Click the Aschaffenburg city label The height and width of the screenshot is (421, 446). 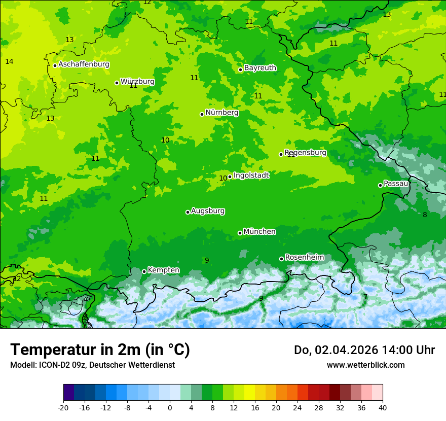tap(84, 64)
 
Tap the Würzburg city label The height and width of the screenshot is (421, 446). tap(137, 82)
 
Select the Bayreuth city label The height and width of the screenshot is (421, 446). tap(260, 68)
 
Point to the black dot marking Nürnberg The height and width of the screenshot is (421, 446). tap(202, 114)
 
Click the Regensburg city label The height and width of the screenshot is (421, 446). tap(306, 153)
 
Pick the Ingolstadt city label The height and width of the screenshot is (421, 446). tap(251, 176)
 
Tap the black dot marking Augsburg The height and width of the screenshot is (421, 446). tap(188, 212)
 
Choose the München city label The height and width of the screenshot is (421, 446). tap(259, 232)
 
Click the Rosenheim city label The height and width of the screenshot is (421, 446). tap(304, 258)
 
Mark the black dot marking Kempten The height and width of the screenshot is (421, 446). tap(144, 271)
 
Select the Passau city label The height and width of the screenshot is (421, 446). tap(396, 184)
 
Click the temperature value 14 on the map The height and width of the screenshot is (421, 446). tap(9, 62)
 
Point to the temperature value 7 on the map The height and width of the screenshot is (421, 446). tap(365, 297)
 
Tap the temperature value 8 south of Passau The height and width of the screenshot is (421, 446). tap(425, 215)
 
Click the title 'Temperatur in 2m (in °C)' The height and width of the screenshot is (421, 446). tap(100, 350)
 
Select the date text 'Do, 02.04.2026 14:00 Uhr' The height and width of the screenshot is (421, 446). tap(364, 350)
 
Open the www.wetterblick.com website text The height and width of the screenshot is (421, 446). tap(365, 365)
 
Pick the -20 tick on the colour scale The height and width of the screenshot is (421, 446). tap(63, 407)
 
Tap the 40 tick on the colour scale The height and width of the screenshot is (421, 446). tap(382, 407)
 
